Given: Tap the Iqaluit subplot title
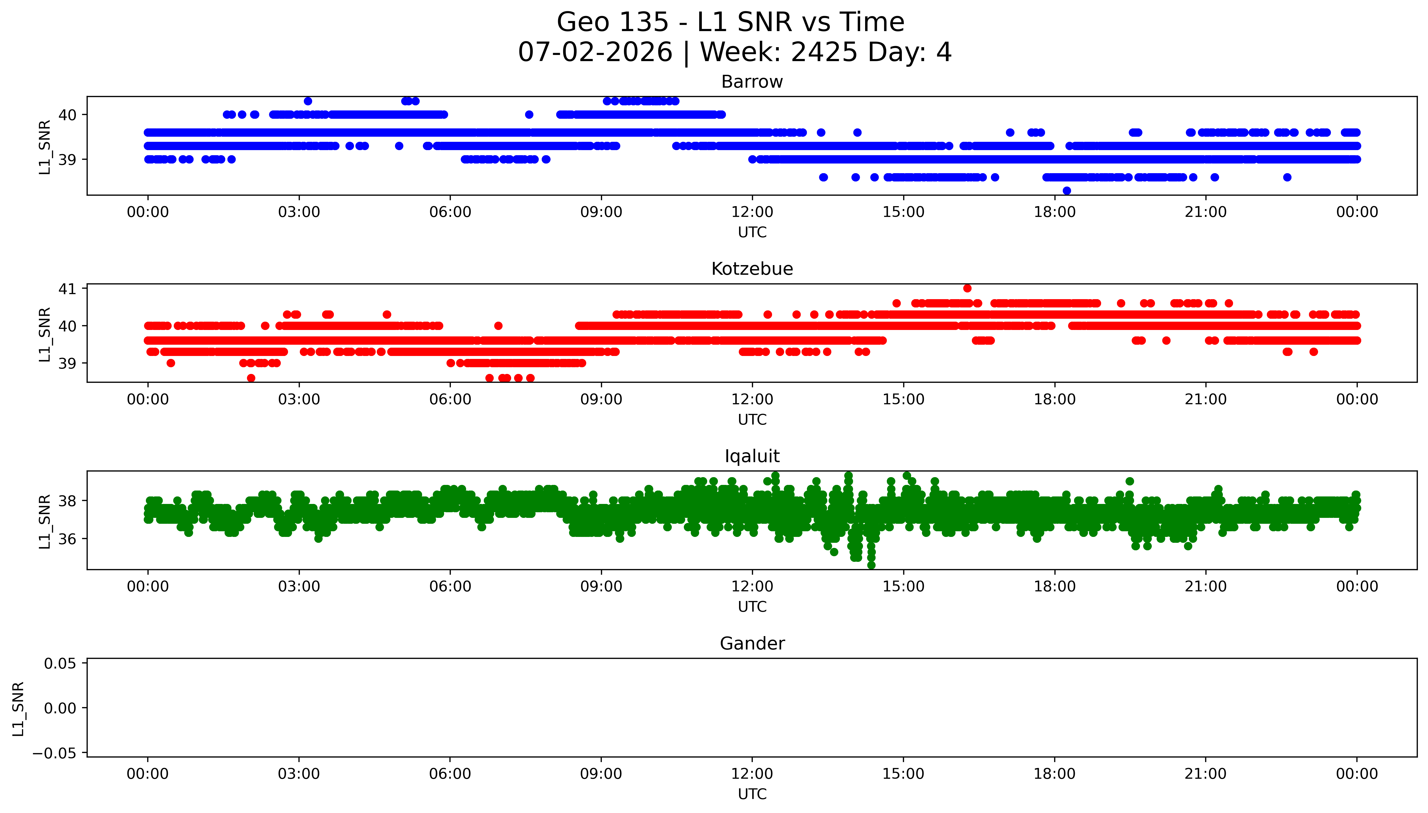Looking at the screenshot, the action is [x=752, y=456].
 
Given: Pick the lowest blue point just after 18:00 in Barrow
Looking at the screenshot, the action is [x=1067, y=190].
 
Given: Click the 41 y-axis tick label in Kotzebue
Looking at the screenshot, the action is [x=67, y=289].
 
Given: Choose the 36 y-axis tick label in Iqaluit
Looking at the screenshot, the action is [x=67, y=539].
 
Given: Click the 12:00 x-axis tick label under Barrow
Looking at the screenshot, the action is [x=752, y=212].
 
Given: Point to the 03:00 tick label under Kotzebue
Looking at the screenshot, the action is [x=299, y=399].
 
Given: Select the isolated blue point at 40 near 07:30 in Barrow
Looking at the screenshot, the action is [x=529, y=114].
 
